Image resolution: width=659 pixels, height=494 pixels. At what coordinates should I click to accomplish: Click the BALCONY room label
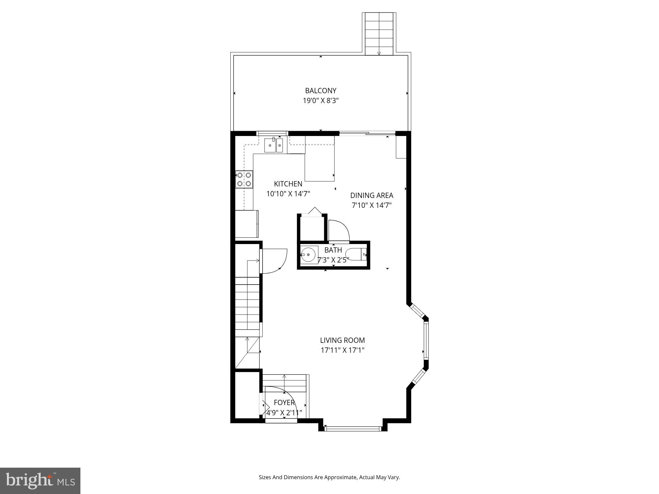click(321, 91)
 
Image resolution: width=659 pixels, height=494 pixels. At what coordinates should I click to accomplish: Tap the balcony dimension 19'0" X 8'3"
click(321, 100)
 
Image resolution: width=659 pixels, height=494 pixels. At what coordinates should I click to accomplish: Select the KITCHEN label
click(288, 184)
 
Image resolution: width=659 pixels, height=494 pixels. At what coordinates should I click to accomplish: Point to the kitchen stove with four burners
click(244, 179)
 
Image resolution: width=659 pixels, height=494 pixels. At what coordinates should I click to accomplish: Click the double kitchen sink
click(273, 145)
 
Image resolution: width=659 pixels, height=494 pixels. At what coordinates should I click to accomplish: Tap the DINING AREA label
click(372, 195)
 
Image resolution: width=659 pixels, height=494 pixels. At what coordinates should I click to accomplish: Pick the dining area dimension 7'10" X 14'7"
click(372, 205)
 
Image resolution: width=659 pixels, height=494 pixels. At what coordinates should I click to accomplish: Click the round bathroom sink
click(309, 255)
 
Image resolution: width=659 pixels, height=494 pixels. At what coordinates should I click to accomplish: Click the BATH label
click(333, 250)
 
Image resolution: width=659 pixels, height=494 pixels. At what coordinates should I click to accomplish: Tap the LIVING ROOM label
click(342, 340)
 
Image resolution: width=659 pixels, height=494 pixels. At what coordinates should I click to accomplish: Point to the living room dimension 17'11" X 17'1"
click(342, 350)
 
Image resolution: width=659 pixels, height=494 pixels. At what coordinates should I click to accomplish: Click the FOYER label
click(284, 402)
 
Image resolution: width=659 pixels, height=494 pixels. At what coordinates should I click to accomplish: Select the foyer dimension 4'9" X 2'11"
click(284, 413)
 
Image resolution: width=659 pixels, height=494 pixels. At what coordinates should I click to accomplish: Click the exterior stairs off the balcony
click(379, 33)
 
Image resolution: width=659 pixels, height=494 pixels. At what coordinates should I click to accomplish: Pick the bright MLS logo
click(40, 480)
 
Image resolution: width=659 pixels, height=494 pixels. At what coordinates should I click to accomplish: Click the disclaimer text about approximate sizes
click(329, 477)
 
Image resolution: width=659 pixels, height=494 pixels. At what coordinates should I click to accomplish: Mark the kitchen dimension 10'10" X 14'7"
click(288, 194)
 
